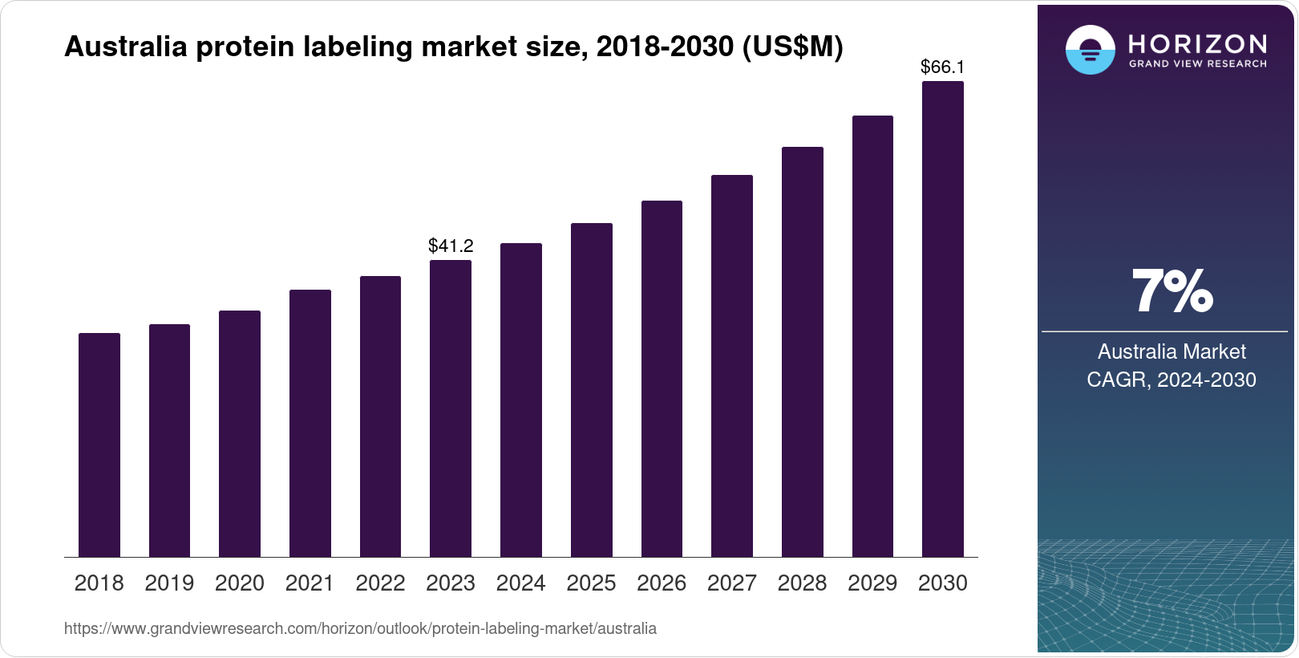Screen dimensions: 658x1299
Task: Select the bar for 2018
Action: point(99,445)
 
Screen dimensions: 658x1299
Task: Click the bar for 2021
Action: point(310,424)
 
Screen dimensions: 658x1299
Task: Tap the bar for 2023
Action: point(451,408)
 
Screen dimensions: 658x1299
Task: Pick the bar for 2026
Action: point(662,379)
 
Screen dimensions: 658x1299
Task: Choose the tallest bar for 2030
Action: point(943,319)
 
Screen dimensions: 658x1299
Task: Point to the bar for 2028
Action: point(802,352)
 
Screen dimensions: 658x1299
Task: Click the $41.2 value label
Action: point(451,246)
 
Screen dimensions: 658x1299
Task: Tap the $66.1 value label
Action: point(942,67)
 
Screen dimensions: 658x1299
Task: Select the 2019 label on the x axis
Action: point(169,583)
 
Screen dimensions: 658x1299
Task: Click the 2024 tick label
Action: point(520,583)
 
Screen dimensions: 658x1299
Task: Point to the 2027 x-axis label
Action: point(731,583)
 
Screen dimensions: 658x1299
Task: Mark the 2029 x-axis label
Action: point(872,583)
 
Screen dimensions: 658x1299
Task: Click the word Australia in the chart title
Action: point(125,47)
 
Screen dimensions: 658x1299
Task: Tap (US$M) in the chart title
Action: point(792,47)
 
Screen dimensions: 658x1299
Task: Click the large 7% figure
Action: point(1172,292)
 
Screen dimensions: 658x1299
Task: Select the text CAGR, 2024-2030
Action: point(1171,380)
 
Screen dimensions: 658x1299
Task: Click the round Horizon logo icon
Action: point(1090,50)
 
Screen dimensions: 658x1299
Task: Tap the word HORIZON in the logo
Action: point(1197,43)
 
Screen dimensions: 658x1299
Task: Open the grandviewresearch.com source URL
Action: point(360,629)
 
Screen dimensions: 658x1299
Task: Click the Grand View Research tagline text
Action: point(1197,64)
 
